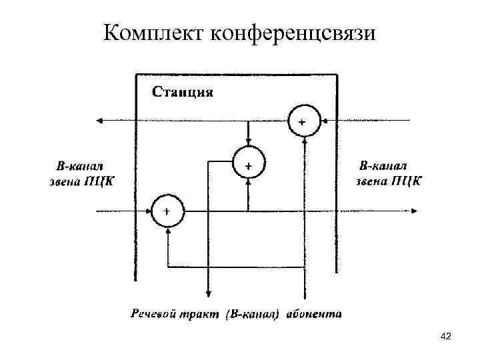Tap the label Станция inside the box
(183, 91)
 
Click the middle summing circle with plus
(248, 163)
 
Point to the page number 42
(447, 339)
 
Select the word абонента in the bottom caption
(315, 312)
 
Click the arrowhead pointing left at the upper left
(101, 121)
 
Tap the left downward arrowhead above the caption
(209, 294)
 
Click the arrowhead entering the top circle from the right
(322, 121)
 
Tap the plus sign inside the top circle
(303, 122)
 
